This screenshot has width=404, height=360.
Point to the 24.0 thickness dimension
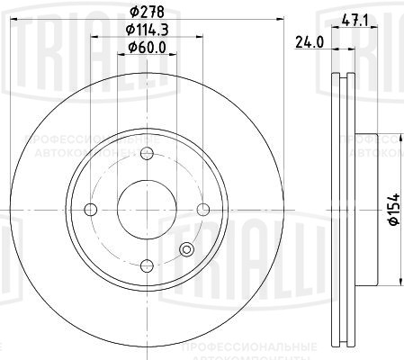[309, 40]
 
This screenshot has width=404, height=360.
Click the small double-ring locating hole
[187, 251]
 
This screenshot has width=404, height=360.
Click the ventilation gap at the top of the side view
[343, 99]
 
